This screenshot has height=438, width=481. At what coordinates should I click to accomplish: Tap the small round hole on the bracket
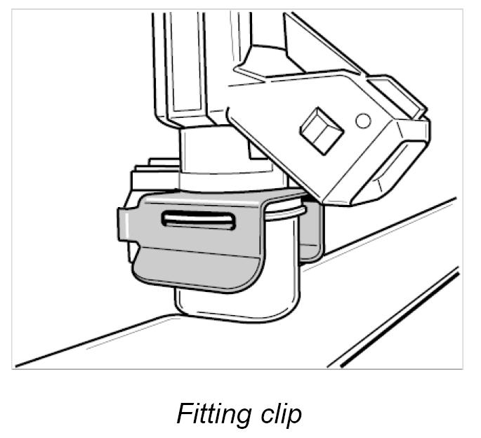point(362,121)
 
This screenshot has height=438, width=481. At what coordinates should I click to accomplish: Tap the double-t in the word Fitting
point(208,413)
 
